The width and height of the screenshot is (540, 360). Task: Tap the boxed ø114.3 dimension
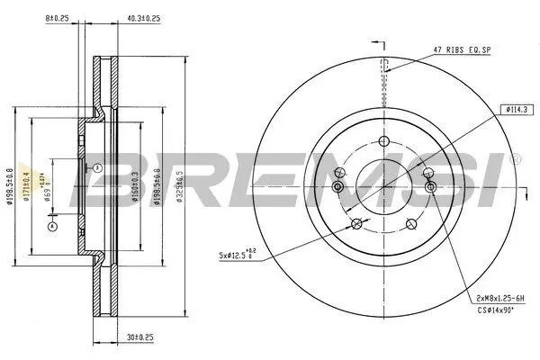pyautogui.click(x=517, y=109)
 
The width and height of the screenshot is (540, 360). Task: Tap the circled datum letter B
pyautogui.click(x=95, y=167)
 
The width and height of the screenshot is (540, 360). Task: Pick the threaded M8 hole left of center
pyautogui.click(x=338, y=186)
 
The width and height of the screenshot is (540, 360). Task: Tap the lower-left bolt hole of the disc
pyautogui.click(x=356, y=224)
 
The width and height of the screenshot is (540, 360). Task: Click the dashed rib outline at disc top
pyautogui.click(x=384, y=67)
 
